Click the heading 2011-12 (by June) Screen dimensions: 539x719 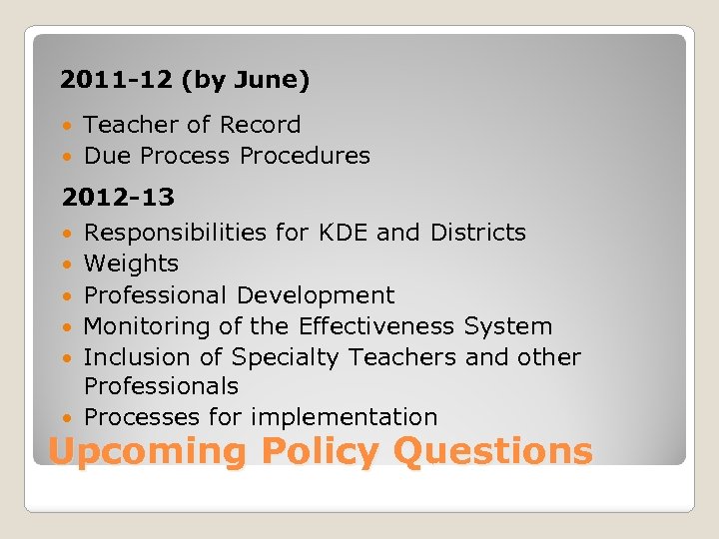[x=185, y=80]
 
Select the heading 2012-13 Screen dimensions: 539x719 [x=118, y=198]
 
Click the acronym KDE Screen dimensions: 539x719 [x=345, y=233]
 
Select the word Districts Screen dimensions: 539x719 [x=477, y=233]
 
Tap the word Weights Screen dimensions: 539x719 [x=131, y=264]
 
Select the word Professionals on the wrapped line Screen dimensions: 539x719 [x=161, y=386]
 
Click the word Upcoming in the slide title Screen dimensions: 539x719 [x=147, y=452]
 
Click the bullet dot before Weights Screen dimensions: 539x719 [x=67, y=265]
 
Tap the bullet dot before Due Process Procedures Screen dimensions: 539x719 [x=67, y=157]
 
